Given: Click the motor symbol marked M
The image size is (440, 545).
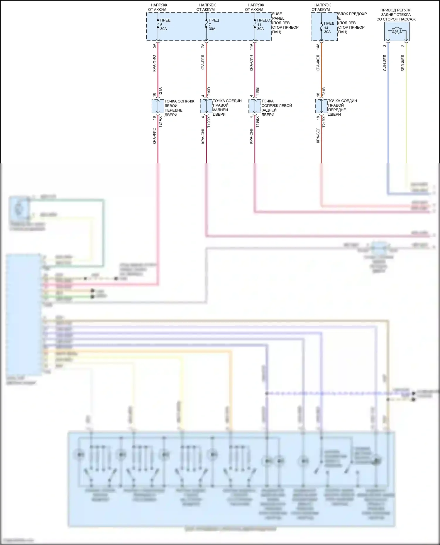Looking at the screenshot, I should coord(396,31).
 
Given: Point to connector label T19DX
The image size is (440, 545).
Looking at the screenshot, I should coord(209,122).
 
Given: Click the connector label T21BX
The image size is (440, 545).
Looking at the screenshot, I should coord(324,122).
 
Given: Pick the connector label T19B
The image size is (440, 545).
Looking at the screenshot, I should coord(257,92).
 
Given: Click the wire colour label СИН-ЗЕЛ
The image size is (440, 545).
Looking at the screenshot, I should coord(385,63).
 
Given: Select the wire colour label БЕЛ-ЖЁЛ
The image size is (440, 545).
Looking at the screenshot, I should coord(403,63).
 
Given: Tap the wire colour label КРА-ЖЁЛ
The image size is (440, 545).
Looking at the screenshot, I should coord(318,63).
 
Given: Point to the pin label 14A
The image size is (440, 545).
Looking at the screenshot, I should coord(318,46).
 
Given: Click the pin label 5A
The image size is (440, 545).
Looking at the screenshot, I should coord(154,46).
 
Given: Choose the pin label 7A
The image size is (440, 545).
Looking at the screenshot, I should coord(203,46).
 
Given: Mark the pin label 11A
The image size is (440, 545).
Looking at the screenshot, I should coord(251,46).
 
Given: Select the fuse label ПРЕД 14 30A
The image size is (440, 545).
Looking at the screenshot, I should coord(329,28).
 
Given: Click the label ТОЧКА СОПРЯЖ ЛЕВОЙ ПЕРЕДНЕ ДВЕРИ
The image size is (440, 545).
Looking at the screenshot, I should coord(179,108).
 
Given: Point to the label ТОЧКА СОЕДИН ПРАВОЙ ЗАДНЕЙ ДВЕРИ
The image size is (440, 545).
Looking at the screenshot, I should coord(227,107).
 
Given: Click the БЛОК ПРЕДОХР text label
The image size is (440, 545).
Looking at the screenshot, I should coord(352,14).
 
